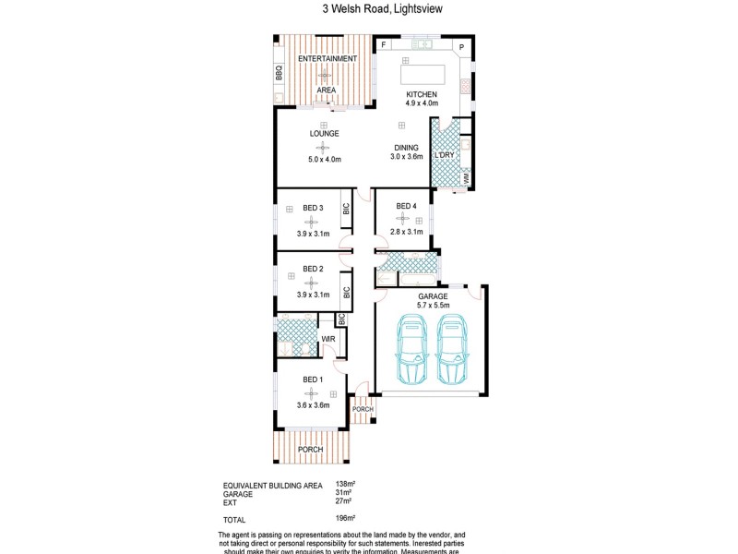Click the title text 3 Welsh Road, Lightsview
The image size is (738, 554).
point(369,10)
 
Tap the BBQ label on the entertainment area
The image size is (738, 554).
point(279,73)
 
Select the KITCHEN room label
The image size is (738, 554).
point(421,94)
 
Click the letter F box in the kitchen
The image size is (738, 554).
point(384,45)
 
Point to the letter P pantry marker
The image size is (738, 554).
point(461,47)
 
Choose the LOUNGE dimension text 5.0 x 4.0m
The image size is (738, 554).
point(324,160)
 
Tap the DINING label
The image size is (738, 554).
point(407,148)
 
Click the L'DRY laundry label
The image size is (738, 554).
point(445,155)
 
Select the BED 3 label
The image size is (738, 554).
point(314,208)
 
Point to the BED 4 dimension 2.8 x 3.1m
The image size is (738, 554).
point(407,232)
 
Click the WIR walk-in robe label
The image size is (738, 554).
point(327,340)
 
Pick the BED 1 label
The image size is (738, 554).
point(314,379)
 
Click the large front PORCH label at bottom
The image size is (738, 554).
point(310,450)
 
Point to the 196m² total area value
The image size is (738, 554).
point(345,520)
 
